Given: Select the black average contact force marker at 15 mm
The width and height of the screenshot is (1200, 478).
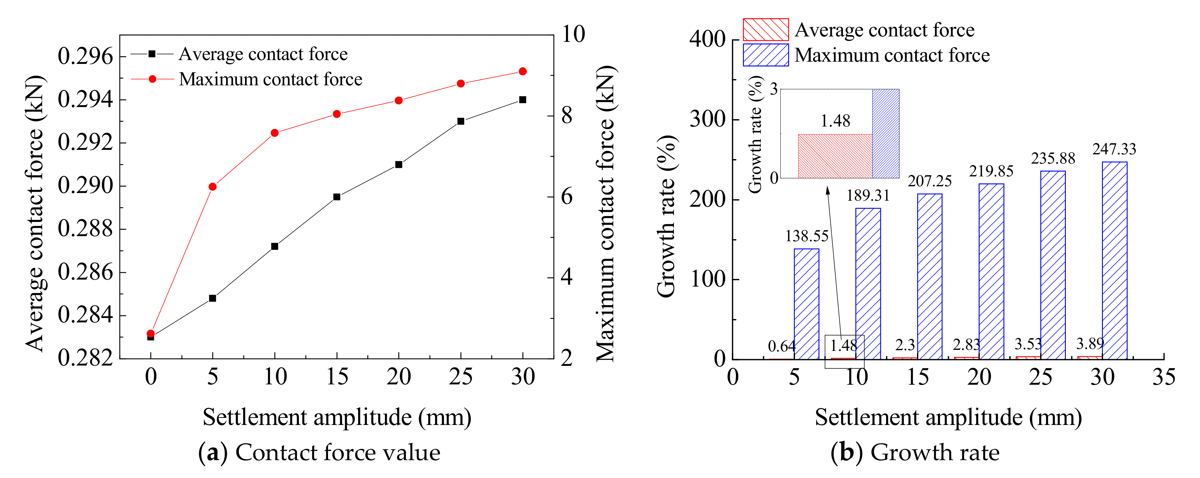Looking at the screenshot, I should (x=337, y=197).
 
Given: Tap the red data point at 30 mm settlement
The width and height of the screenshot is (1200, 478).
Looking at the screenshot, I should (x=523, y=71).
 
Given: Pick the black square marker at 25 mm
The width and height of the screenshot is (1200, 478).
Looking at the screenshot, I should (x=461, y=121).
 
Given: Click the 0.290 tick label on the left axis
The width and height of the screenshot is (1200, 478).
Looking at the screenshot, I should (x=85, y=186).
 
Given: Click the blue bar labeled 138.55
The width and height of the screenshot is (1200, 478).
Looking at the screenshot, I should (x=806, y=304).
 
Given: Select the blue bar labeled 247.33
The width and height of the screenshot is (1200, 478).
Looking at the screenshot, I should (x=1115, y=261).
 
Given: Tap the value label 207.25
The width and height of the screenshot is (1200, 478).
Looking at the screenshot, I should (x=929, y=181).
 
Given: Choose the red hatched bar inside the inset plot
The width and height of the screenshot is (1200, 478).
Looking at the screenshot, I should (x=835, y=156).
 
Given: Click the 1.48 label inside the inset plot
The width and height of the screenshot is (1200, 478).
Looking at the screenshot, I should (x=835, y=121).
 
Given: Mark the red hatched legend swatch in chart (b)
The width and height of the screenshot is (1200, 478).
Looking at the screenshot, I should (x=765, y=30).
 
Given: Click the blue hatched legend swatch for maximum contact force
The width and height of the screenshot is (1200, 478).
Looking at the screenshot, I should (x=765, y=55).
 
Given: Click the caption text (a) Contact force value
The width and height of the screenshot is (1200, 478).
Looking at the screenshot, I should (x=320, y=452).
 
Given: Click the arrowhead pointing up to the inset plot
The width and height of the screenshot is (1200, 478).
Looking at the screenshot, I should (x=828, y=190).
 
